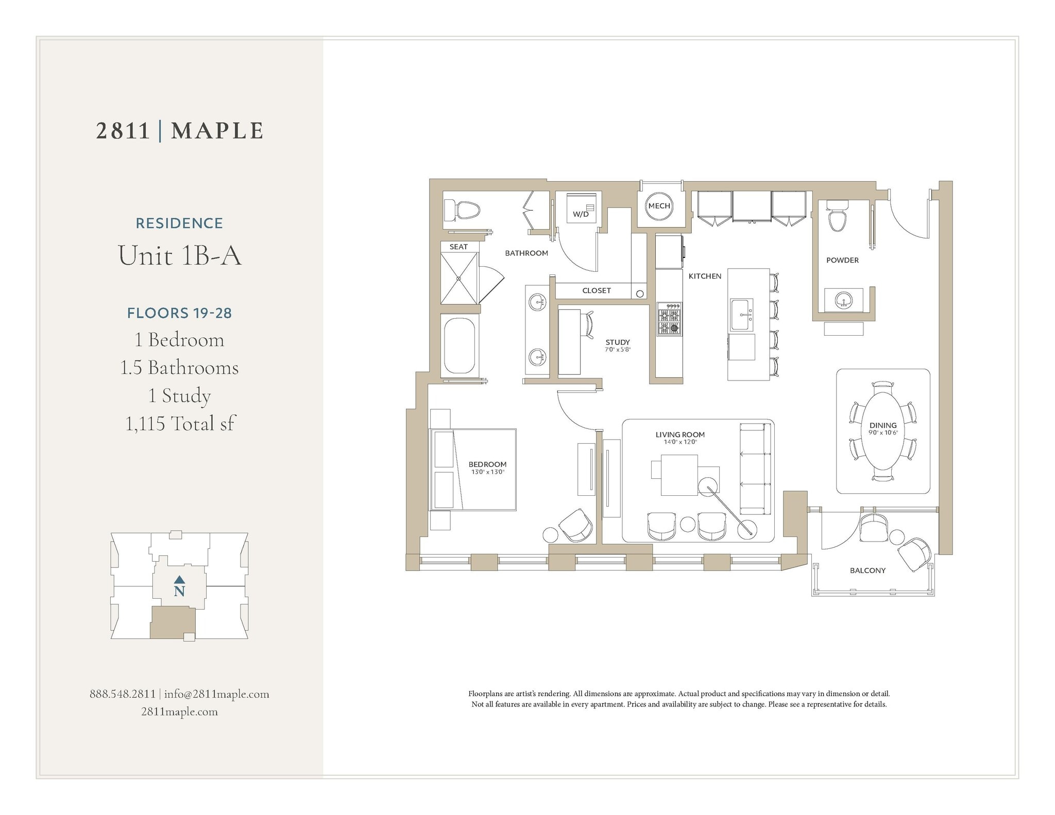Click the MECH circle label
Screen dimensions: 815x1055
[x=659, y=206]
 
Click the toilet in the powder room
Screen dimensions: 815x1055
[x=837, y=216]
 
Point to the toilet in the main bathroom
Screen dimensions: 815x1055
[x=463, y=210]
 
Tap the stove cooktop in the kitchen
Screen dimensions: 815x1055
[x=669, y=320]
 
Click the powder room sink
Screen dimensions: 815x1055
[x=844, y=300]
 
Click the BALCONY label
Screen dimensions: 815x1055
[x=867, y=570]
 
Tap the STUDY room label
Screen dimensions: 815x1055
[x=618, y=342]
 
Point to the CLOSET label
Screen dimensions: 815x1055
[x=597, y=291]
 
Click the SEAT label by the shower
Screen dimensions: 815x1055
[x=458, y=247]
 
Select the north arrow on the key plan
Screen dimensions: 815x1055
[x=179, y=580]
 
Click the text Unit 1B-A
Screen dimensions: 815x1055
[x=180, y=255]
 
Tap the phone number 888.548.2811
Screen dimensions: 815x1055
[x=123, y=694]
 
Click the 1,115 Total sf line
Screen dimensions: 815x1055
[x=180, y=424]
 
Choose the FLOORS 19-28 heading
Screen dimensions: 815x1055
[x=179, y=313]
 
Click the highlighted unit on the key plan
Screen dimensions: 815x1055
[x=172, y=622]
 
